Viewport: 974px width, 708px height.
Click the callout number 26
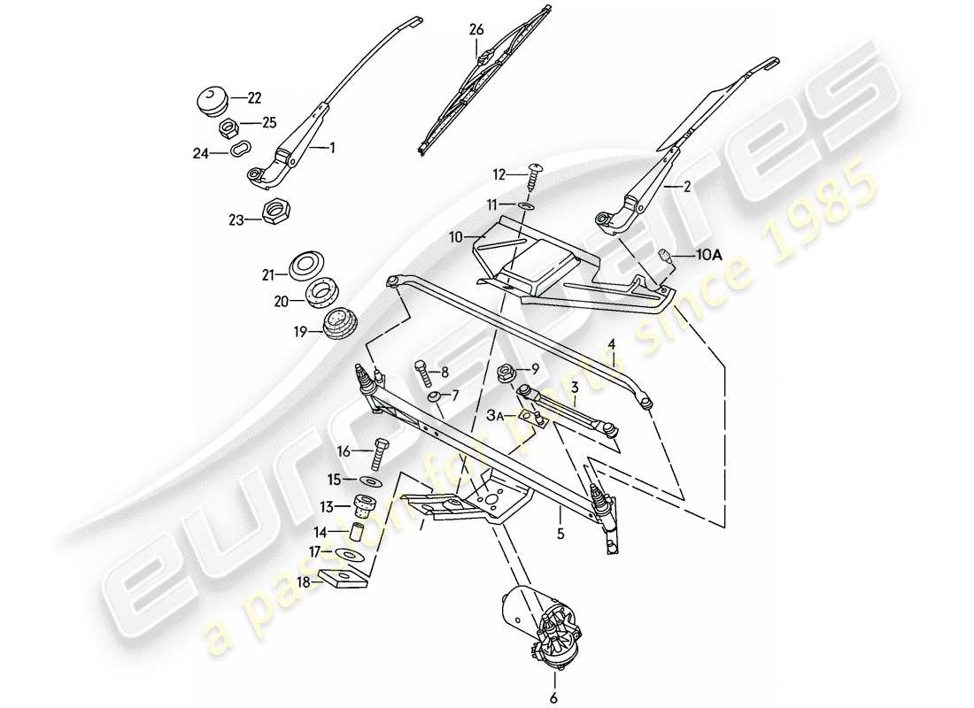click(x=476, y=30)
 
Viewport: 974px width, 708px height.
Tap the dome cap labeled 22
click(x=213, y=98)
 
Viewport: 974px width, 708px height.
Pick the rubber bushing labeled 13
click(x=363, y=506)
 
